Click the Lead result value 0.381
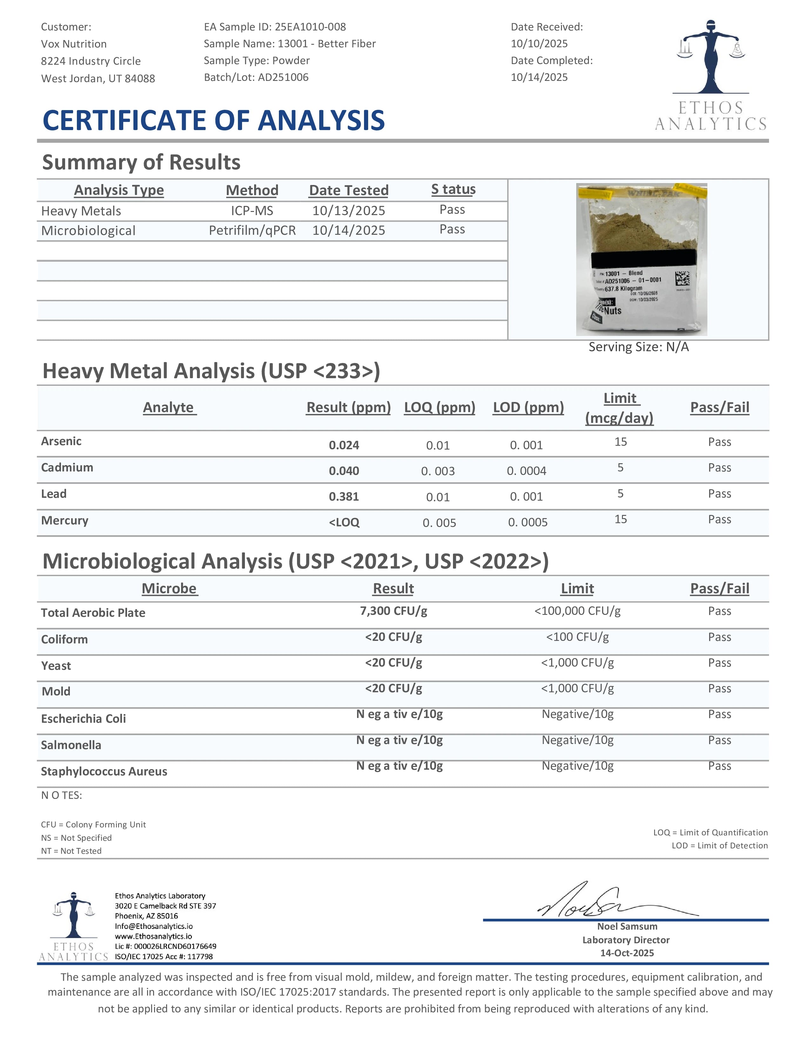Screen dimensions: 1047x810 coord(344,497)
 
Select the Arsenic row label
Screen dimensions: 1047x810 coord(61,441)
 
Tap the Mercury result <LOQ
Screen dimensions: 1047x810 coord(344,523)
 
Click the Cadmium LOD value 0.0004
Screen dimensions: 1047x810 coord(526,471)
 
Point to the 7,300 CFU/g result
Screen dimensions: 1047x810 coord(394,611)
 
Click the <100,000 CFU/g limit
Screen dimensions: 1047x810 coord(577,611)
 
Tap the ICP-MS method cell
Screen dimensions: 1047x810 coord(252,210)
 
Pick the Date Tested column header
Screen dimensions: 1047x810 coord(348,190)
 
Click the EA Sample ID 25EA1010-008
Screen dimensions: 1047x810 coord(310,27)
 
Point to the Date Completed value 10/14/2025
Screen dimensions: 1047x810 coord(539,77)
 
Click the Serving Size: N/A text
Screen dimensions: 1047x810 coord(638,346)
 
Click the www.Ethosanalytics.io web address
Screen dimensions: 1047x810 coord(153,936)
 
